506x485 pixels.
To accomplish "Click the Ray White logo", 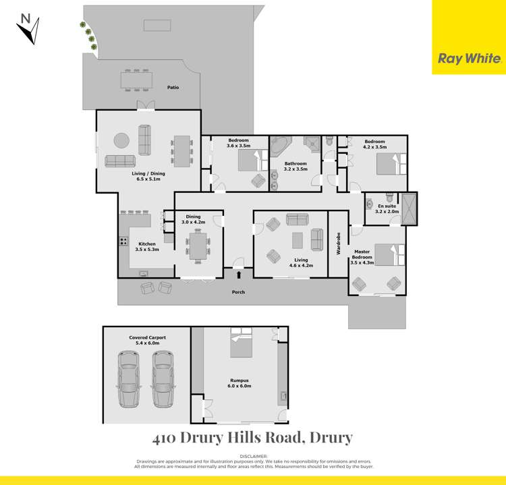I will (469, 58).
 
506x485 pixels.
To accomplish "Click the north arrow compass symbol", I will (28, 28).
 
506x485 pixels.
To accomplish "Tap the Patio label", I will (173, 87).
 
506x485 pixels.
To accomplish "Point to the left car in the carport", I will (129, 378).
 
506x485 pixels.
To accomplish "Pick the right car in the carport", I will (163, 378).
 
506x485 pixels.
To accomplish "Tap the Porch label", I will (237, 292).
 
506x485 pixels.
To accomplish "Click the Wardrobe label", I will (339, 244).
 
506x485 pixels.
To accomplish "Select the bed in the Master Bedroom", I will (387, 255).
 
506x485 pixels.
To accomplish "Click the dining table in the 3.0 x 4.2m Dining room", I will (198, 245).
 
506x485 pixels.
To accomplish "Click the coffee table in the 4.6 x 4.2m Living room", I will (298, 239).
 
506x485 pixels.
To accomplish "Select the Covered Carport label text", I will (147, 337).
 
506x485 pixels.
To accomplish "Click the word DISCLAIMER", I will (253, 455).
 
